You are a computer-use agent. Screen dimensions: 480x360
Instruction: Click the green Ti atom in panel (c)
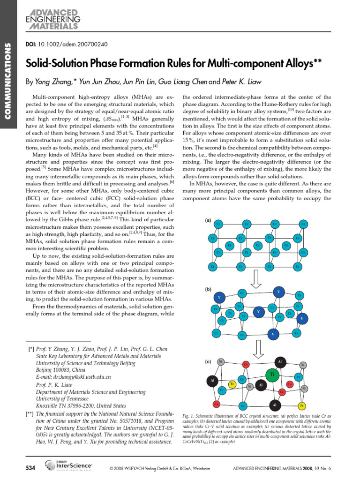point(272,375)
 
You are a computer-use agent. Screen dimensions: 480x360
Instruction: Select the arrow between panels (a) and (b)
point(257,280)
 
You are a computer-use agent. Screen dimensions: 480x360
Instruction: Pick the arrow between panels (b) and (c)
point(257,348)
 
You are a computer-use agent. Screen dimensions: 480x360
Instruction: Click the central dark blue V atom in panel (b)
point(258,312)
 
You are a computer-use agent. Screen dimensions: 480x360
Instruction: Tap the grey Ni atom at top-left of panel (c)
point(221,361)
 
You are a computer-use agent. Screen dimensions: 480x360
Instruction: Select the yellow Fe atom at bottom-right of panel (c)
point(302,405)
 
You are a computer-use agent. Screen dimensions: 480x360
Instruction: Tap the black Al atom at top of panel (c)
point(279,362)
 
